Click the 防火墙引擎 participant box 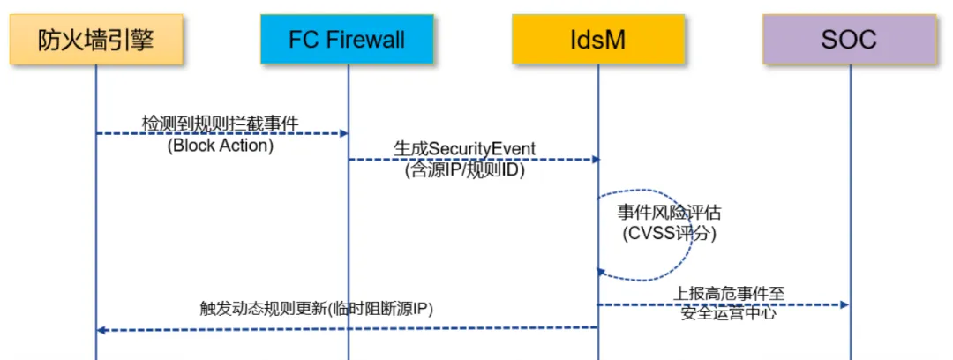coord(96,40)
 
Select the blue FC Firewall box coord(347,40)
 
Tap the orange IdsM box coord(598,40)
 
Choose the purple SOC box coord(849,40)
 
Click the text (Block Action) coord(220,146)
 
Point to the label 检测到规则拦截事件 coord(220,124)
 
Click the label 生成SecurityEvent coord(464,149)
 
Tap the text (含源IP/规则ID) coord(464,171)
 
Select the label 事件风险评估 coord(669,213)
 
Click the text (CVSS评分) coord(669,234)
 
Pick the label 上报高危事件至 coord(728,294)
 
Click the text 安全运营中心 coord(728,314)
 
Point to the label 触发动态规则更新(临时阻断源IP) coord(316,308)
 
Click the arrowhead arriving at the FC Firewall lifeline coord(343,133)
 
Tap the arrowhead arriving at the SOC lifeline coord(844,304)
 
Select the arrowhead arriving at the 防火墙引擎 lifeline coord(102,330)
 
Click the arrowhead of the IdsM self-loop coord(603,273)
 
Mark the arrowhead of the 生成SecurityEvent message coord(595,160)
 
